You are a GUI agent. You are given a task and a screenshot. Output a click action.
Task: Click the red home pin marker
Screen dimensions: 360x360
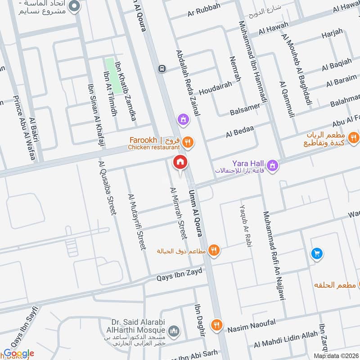point(180,162)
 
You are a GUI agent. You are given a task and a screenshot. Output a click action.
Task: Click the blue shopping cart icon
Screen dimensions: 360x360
point(317,254)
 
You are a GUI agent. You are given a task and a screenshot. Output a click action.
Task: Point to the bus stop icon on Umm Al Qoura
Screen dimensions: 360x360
point(161,69)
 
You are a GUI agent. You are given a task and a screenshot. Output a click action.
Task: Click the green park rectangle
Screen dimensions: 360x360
point(113,75)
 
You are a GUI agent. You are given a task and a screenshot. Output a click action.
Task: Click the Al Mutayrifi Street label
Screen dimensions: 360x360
point(137,222)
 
